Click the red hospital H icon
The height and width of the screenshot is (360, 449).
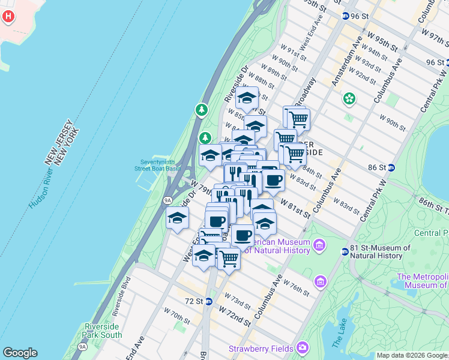click(x=8, y=16)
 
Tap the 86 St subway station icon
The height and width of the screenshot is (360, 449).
click(x=391, y=167)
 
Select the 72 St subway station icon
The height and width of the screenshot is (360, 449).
click(x=209, y=301)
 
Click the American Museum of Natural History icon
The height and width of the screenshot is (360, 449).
click(x=319, y=245)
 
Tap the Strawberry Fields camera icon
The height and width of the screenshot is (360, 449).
click(x=303, y=348)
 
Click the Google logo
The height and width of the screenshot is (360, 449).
click(x=20, y=353)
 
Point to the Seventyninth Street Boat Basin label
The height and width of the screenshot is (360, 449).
click(x=160, y=165)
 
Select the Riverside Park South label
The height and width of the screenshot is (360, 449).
click(x=103, y=331)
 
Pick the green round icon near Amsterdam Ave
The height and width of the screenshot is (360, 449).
click(x=348, y=98)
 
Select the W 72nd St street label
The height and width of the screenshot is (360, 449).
click(x=234, y=316)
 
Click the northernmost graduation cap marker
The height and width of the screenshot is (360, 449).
click(x=246, y=97)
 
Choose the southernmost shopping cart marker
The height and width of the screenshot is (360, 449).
click(x=228, y=259)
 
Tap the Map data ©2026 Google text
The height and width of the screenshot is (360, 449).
click(x=412, y=355)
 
